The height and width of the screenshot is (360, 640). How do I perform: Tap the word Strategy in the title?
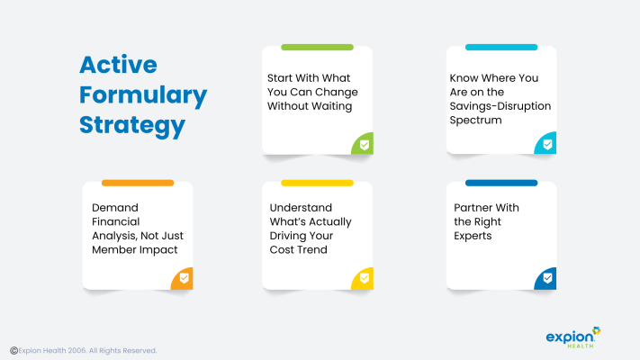132,126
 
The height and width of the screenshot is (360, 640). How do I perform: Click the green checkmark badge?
363,144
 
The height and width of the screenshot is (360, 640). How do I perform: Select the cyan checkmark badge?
545,143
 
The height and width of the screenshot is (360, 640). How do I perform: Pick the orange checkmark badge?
182,278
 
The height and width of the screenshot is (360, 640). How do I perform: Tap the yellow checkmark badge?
363,278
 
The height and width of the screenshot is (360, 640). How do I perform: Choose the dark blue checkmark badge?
545,278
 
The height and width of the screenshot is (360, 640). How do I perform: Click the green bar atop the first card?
317,48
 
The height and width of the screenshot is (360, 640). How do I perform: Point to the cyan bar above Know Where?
501,48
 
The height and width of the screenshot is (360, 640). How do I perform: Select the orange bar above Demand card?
138,183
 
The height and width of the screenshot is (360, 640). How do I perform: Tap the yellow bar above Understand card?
317,183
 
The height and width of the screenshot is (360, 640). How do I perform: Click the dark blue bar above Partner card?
501,183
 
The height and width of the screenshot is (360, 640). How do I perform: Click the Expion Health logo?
573,337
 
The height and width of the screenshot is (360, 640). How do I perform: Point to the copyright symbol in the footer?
14,351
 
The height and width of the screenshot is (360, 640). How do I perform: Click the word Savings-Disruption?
500,106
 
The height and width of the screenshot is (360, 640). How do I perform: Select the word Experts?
473,236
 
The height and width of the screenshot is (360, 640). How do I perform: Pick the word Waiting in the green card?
332,106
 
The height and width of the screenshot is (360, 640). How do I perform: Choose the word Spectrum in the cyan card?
475,121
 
